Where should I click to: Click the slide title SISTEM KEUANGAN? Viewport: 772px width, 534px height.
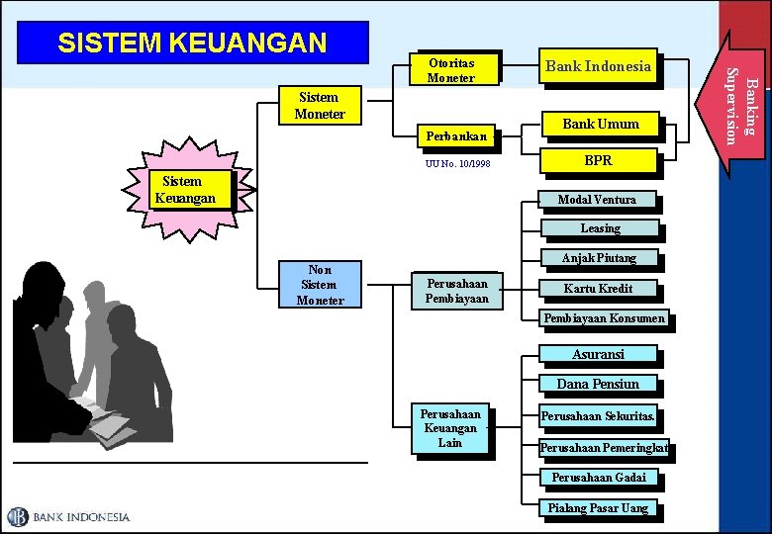[x=193, y=44]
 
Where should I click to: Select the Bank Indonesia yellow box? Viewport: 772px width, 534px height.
[x=598, y=66]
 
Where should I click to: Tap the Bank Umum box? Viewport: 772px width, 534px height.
[x=600, y=124]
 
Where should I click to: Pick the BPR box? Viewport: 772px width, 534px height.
[x=598, y=159]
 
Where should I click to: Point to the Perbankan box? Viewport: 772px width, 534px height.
[x=455, y=136]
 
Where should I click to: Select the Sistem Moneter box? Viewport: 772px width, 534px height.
[x=319, y=106]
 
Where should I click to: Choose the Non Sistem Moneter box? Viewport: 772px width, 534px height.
[x=320, y=285]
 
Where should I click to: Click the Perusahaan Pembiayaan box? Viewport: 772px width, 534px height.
[x=456, y=290]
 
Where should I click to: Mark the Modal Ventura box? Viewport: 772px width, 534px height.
[x=597, y=200]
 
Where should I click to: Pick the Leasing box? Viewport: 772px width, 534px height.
[x=600, y=228]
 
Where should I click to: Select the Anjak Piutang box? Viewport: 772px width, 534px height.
[x=599, y=258]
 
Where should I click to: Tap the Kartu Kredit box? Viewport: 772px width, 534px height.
[x=598, y=289]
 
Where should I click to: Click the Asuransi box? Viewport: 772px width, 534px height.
[x=598, y=354]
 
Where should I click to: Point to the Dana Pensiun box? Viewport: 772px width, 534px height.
[x=598, y=384]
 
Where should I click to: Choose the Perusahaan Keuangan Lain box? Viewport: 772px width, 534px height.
[x=450, y=428]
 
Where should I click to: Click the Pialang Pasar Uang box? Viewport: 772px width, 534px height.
[x=598, y=508]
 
